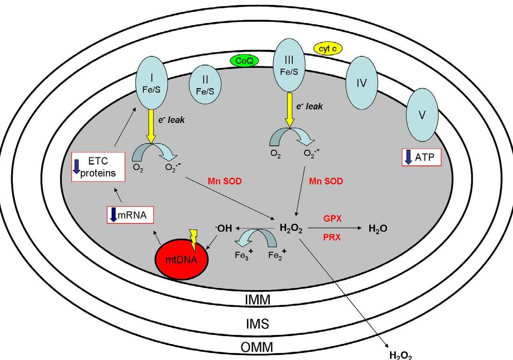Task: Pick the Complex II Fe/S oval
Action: point(205,86)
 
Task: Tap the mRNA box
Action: point(128,214)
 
